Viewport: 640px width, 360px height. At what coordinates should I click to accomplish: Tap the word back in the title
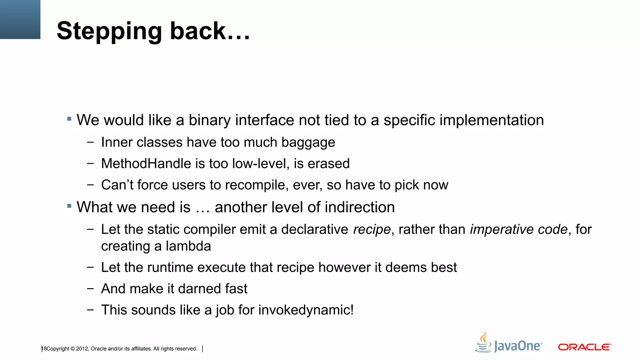[197, 31]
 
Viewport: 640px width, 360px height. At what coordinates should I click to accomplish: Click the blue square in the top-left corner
[20, 19]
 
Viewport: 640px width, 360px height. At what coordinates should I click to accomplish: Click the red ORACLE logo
[584, 347]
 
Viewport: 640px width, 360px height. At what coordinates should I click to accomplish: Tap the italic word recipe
[372, 230]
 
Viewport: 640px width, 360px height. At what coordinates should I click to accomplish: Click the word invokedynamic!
[306, 310]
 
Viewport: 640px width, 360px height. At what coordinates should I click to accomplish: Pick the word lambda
[188, 246]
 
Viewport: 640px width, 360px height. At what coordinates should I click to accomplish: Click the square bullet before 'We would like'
[69, 119]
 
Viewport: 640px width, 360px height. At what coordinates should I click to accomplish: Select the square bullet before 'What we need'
[69, 206]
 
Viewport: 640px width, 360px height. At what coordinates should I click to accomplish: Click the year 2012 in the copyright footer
[82, 349]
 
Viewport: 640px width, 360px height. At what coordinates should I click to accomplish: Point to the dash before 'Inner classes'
[91, 142]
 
